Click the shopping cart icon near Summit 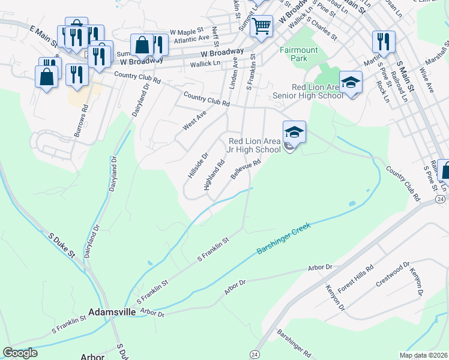261,26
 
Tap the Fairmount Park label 294,54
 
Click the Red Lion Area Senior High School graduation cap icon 351,83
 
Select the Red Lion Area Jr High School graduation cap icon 294,133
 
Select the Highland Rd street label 214,175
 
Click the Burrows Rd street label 85,118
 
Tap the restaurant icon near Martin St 382,42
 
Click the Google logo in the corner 20,353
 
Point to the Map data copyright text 423,355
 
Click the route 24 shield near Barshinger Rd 255,353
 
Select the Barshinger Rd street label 294,343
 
